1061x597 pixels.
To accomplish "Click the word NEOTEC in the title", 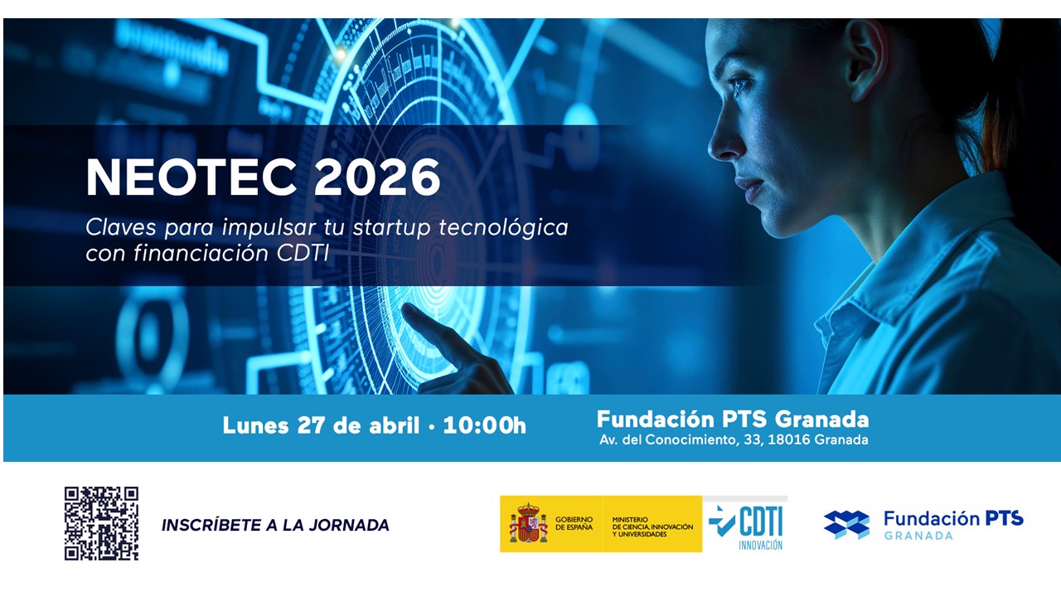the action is [x=191, y=177].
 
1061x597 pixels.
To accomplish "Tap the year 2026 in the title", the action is [x=377, y=177].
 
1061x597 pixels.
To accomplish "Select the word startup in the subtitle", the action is [x=392, y=228].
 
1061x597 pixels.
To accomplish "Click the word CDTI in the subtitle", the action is [x=303, y=254].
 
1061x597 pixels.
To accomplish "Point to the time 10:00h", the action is [x=485, y=425].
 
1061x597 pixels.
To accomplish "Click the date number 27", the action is [x=311, y=425].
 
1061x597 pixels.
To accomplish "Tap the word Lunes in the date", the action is [x=255, y=425].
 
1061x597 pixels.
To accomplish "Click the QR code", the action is [x=101, y=523].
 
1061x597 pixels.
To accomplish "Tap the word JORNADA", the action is [x=349, y=525].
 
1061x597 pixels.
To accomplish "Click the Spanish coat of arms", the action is [x=529, y=523].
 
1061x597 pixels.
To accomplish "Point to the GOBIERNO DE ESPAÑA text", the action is [x=574, y=523].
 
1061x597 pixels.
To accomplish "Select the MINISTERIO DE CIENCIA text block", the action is [x=652, y=527].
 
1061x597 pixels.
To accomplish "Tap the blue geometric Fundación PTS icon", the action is [x=846, y=525].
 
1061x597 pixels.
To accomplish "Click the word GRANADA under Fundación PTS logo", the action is [x=918, y=536].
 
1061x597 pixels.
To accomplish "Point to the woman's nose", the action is [x=721, y=142].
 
